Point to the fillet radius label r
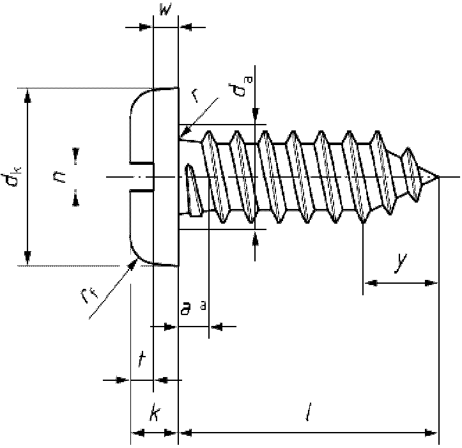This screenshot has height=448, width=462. [195, 96]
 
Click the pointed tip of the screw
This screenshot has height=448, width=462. [438, 177]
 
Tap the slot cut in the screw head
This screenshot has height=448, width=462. [142, 177]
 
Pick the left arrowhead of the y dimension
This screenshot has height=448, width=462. [368, 282]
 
